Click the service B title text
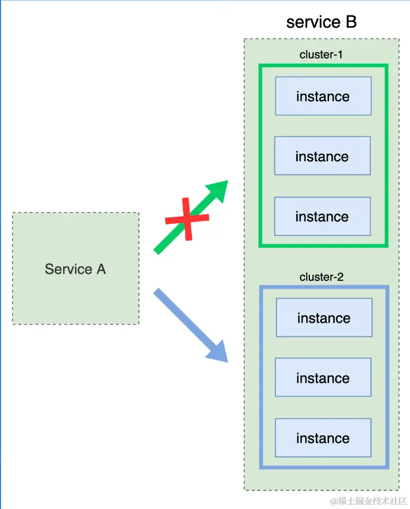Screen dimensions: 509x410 tap(321, 22)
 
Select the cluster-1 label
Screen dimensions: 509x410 tap(322, 55)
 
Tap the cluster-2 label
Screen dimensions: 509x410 tap(322, 277)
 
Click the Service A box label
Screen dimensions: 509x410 tap(75, 269)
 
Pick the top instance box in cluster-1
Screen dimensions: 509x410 tap(323, 96)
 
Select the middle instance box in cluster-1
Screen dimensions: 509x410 tap(322, 156)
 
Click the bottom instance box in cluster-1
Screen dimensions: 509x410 tap(322, 216)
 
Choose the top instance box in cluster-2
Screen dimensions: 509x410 tap(324, 318)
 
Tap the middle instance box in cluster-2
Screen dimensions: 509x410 tap(323, 378)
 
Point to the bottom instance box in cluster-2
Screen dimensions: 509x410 tap(323, 438)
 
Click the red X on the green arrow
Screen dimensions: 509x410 tap(187, 219)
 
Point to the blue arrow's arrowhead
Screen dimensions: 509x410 tap(218, 351)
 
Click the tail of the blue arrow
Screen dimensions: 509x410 tap(159, 293)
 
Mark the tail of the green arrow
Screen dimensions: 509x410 tap(159, 250)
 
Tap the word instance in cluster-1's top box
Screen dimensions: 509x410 tap(323, 96)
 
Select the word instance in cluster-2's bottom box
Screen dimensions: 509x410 tap(323, 439)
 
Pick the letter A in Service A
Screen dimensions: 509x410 tap(101, 269)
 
